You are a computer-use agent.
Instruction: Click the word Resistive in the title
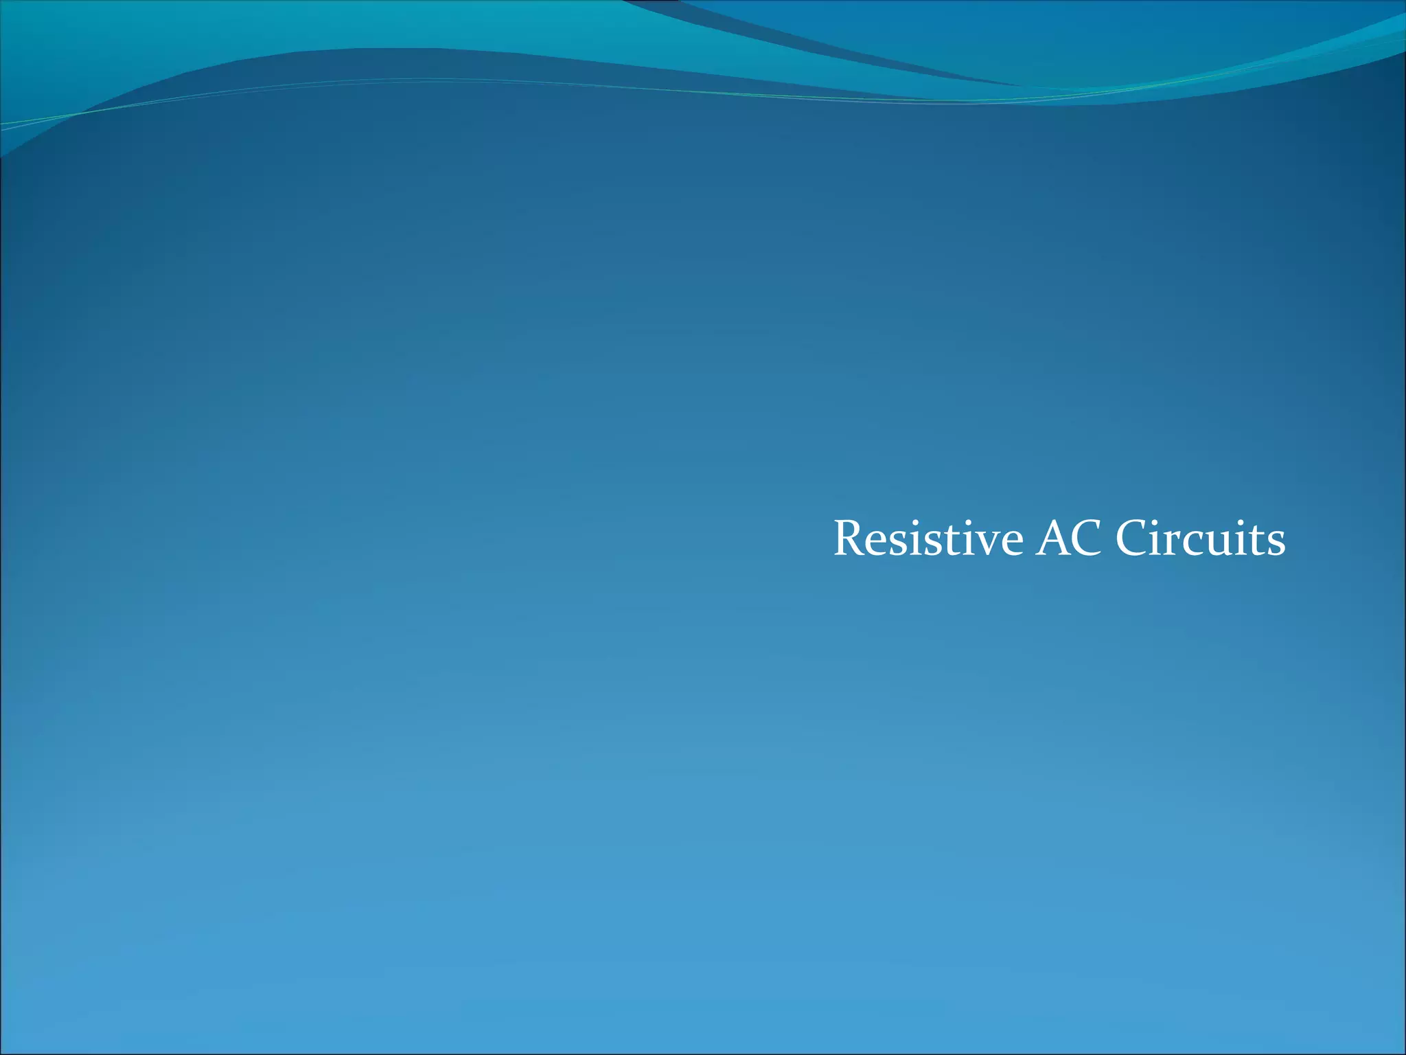click(928, 539)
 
